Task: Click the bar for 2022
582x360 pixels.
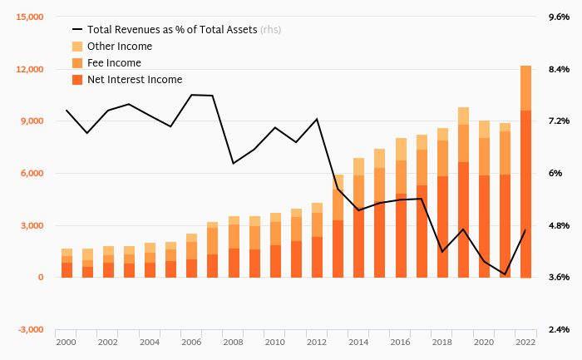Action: (x=525, y=171)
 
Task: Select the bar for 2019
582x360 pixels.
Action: (x=463, y=192)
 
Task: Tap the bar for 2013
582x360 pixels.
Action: (x=338, y=226)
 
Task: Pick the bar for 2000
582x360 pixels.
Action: (x=67, y=263)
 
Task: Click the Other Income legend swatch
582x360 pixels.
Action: (x=78, y=47)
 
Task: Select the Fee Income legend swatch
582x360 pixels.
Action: (x=78, y=63)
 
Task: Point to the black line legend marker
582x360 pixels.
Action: (x=78, y=30)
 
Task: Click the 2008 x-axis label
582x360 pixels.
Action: (x=233, y=342)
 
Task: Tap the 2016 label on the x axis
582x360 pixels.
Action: (x=400, y=342)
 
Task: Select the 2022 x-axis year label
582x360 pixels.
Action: (x=525, y=342)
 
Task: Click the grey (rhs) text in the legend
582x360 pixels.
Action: (x=270, y=30)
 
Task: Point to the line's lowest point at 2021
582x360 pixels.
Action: (x=505, y=274)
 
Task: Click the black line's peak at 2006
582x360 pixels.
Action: (x=192, y=95)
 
